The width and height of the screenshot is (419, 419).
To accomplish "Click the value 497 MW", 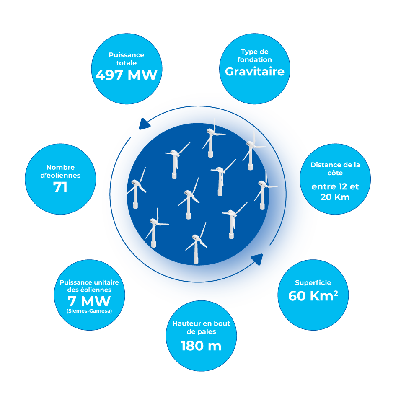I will tap(126, 75).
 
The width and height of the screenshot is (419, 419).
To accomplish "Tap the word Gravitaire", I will tap(254, 71).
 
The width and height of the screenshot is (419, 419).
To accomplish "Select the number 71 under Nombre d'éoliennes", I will tap(60, 187).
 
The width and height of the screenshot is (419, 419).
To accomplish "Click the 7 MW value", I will tap(89, 301).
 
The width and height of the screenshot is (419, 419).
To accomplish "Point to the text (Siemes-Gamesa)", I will tap(89, 311).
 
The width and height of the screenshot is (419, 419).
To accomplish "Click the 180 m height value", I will tap(201, 346).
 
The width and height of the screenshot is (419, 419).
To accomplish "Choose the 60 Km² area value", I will tap(313, 295).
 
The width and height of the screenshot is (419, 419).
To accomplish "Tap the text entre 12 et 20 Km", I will tap(335, 191).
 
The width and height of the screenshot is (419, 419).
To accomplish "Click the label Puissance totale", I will tap(126, 59).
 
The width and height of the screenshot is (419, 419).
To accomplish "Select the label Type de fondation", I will tap(254, 56).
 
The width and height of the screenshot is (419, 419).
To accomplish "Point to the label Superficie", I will tap(313, 282).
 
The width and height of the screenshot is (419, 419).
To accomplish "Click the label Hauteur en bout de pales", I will tap(201, 328).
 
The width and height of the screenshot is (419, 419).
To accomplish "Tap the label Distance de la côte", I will tap(335, 168).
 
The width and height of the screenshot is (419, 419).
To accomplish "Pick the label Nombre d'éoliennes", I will tap(60, 171).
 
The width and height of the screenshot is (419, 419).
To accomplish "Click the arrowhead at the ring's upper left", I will tap(144, 124).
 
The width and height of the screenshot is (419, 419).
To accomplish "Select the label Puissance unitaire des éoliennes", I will tap(89, 286).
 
